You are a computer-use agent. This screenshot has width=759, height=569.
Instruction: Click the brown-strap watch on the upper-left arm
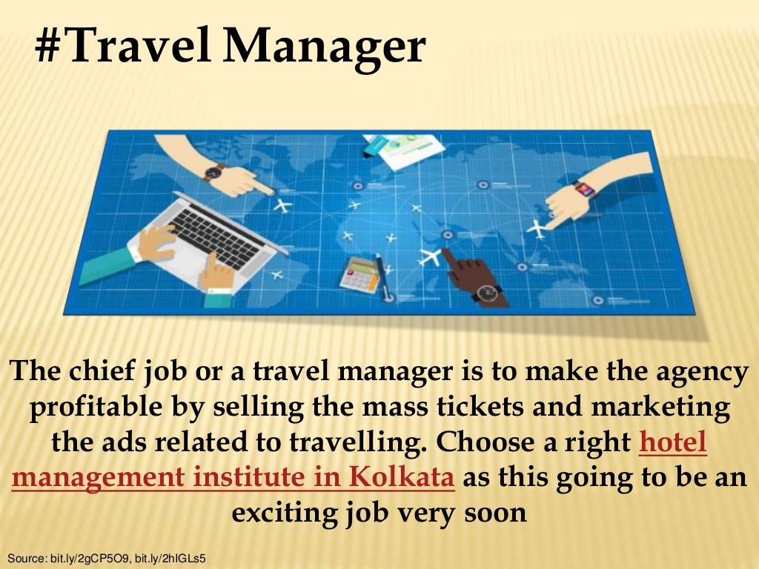click(x=213, y=173)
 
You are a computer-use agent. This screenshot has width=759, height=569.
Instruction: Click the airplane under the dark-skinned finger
click(x=430, y=257)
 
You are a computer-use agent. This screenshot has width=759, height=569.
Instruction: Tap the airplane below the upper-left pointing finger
click(x=282, y=204)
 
